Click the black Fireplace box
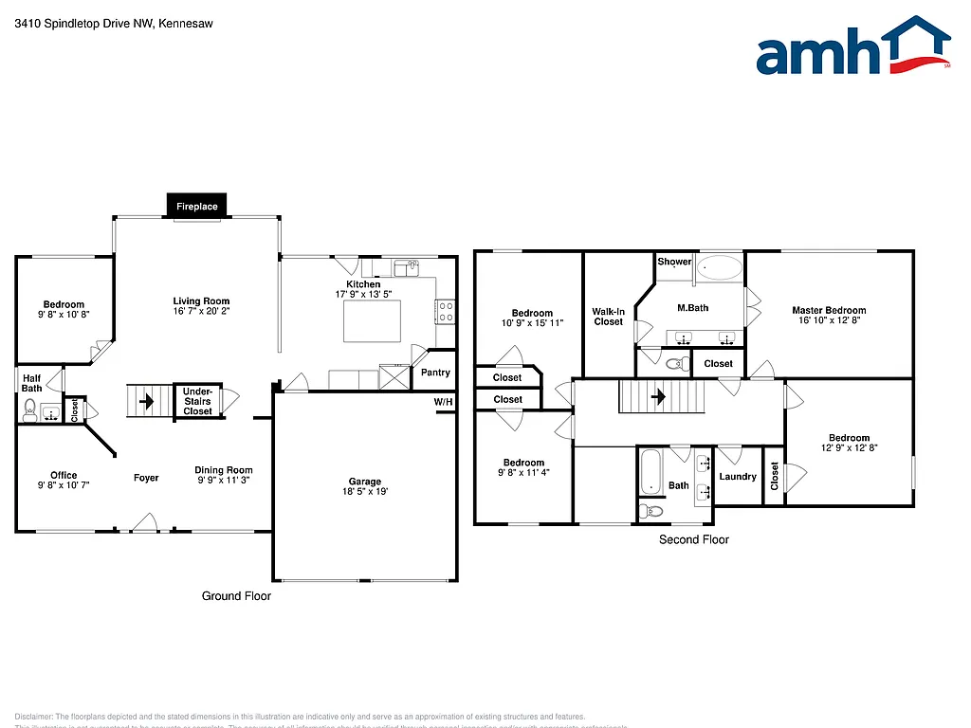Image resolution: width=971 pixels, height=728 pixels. click(197, 206)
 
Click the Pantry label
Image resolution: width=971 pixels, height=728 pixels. click(435, 373)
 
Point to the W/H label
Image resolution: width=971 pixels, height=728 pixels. click(443, 403)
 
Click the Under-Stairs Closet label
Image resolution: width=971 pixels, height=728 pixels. click(197, 401)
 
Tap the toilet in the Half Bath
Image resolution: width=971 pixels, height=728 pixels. click(29, 409)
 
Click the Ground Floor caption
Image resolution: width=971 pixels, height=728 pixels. click(236, 596)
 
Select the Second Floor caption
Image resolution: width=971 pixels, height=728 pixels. click(694, 539)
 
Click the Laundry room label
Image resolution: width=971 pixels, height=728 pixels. click(738, 477)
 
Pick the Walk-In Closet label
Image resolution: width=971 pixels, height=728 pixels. click(608, 316)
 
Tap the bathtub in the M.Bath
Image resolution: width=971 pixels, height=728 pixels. click(720, 267)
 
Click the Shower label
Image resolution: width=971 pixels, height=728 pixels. click(674, 262)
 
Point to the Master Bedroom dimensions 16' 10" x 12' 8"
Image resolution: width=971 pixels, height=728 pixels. click(829, 320)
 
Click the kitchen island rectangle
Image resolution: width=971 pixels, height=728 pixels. click(371, 320)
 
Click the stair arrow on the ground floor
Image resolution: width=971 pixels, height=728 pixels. click(146, 401)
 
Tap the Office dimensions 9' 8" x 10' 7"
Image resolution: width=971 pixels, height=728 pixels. click(64, 485)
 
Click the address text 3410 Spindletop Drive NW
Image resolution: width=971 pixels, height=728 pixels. click(86, 25)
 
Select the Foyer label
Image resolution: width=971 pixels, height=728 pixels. click(146, 478)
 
